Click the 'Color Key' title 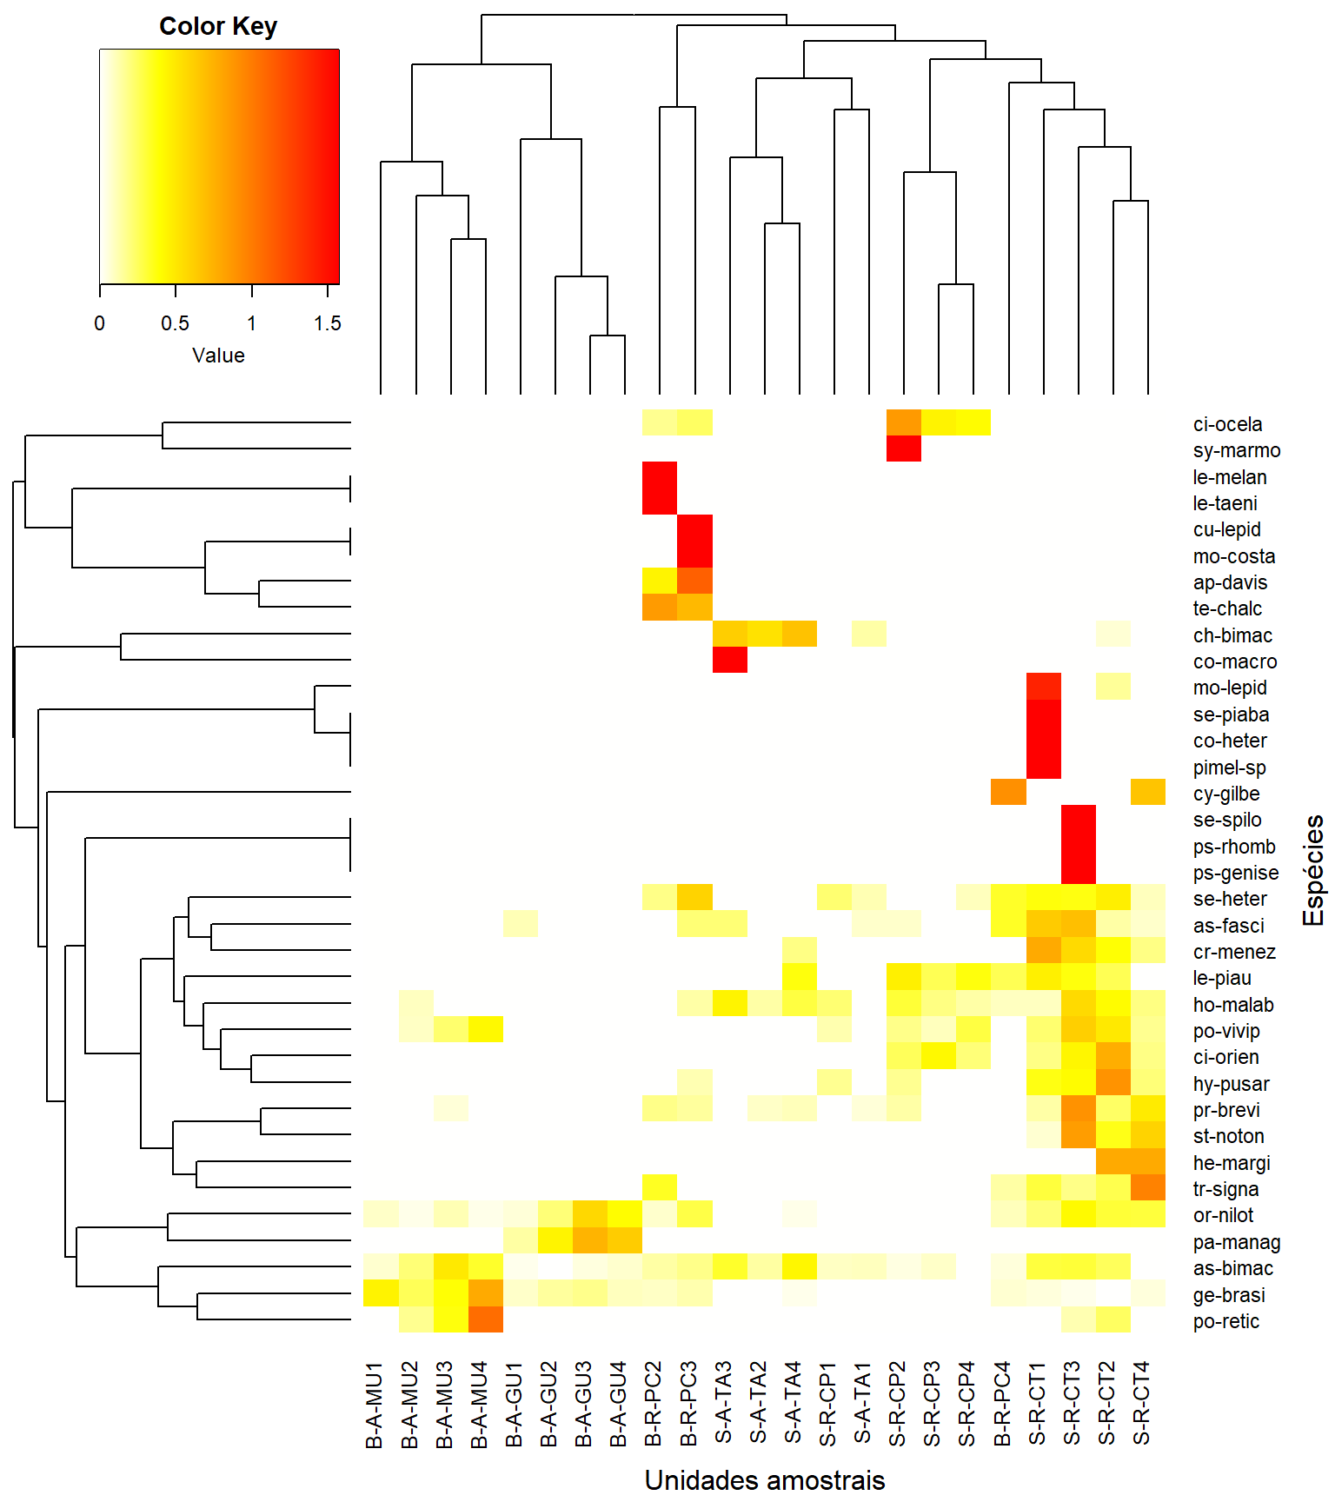[218, 26]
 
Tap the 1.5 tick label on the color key [327, 323]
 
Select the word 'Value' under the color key [218, 356]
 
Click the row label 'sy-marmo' [1237, 450]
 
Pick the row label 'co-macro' [1235, 661]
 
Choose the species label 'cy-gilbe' [1226, 794]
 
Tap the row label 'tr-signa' [1225, 1189]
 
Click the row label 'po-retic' [1226, 1321]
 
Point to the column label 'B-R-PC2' [653, 1404]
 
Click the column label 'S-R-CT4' [1141, 1403]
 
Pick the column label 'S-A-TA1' [861, 1403]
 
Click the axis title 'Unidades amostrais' [765, 1480]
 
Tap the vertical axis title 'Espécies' [1313, 870]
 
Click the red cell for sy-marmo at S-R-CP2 [904, 449]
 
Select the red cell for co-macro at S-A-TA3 [730, 660]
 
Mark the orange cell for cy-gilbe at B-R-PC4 [1008, 792]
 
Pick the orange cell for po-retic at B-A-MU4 [486, 1319]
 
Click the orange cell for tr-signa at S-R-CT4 [1148, 1187]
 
